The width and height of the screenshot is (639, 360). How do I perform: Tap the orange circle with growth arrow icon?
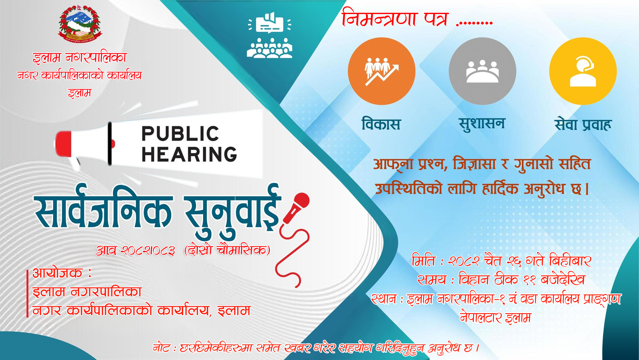tap(382, 71)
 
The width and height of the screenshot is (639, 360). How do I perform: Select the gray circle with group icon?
tap(482, 71)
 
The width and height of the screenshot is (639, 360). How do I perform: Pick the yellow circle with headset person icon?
tap(583, 71)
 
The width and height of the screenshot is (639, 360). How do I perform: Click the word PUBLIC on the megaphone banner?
tap(180, 134)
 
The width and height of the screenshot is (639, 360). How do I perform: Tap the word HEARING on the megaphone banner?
tap(189, 154)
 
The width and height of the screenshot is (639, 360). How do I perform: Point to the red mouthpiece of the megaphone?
tap(63, 144)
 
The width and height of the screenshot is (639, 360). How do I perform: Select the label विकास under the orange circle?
tap(381, 124)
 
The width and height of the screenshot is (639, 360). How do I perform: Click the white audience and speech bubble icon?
tap(270, 35)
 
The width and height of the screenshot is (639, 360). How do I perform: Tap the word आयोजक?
tap(57, 273)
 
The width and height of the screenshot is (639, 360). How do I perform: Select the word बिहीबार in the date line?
tap(570, 261)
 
